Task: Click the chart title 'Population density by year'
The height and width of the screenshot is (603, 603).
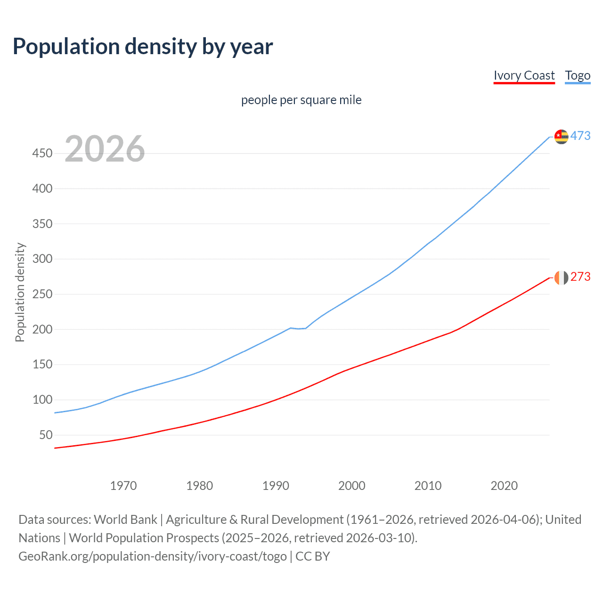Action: click(143, 47)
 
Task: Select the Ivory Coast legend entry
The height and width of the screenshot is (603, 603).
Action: click(524, 76)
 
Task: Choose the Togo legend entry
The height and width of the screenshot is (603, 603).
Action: click(578, 76)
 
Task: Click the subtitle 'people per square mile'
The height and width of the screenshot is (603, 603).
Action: click(301, 100)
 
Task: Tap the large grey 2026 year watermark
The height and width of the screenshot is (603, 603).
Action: click(105, 149)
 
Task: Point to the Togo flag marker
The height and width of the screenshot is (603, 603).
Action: click(561, 137)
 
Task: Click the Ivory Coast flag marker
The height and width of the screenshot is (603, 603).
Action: click(561, 277)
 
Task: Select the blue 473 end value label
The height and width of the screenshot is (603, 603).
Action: click(580, 136)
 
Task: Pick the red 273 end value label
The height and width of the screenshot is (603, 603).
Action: click(580, 277)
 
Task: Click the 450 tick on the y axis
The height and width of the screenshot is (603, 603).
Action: click(42, 154)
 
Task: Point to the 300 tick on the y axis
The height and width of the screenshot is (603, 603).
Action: click(42, 259)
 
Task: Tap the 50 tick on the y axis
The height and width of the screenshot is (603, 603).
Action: click(46, 435)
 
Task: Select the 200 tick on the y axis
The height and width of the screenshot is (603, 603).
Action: click(42, 329)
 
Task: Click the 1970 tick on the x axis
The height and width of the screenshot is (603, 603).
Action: click(123, 486)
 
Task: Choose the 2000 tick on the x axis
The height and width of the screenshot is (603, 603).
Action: click(352, 486)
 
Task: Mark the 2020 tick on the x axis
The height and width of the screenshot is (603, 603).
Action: click(504, 486)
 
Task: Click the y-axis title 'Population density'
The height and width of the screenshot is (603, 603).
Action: click(20, 292)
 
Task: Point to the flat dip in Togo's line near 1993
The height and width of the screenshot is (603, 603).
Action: click(298, 328)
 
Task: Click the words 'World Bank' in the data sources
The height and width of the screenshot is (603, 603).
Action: click(125, 520)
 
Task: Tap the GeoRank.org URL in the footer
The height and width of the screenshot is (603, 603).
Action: click(153, 556)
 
